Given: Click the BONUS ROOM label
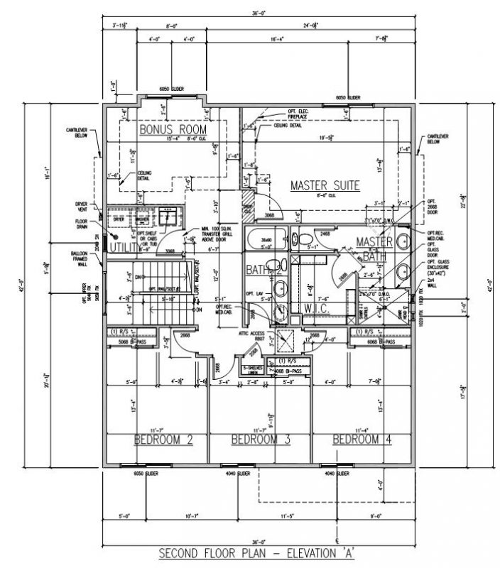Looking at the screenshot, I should point(173,131).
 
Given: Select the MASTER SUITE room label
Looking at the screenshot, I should point(325,186).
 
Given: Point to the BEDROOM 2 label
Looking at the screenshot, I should point(163,440).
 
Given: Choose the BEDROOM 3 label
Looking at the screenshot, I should point(261,440).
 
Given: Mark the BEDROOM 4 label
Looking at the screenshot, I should point(362,440).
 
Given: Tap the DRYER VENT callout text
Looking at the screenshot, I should point(81,207).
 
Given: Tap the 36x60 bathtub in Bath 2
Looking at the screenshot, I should point(267,240).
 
